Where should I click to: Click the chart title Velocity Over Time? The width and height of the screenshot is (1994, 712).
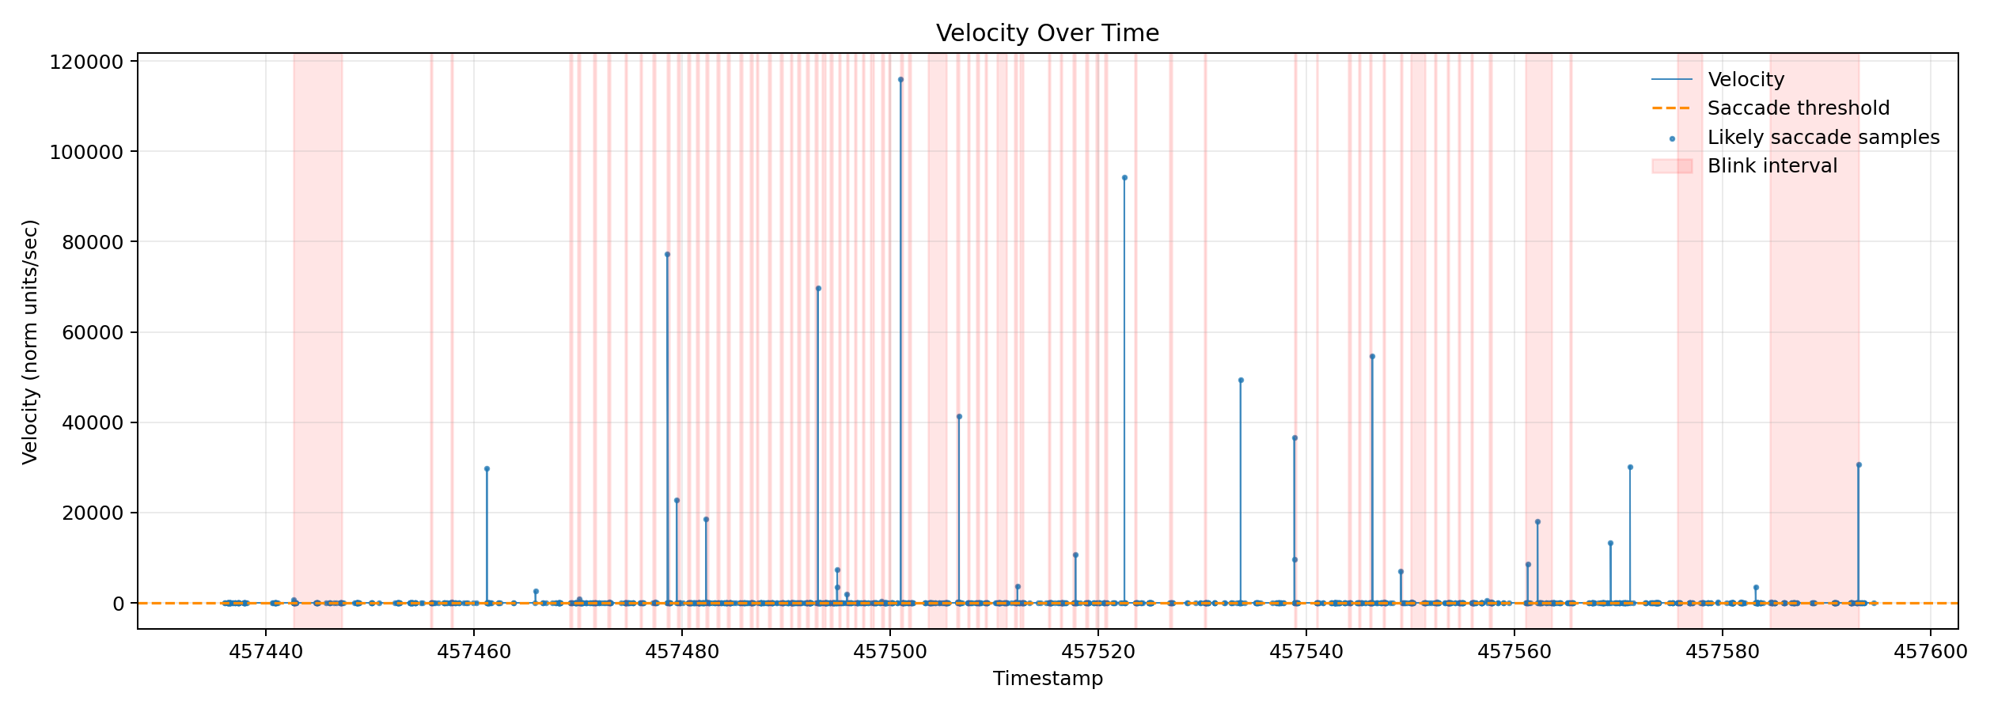pyautogui.click(x=1047, y=33)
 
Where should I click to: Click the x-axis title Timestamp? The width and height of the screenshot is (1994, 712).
pyautogui.click(x=1048, y=679)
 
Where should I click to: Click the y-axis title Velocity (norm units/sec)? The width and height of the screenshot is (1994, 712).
pyautogui.click(x=30, y=342)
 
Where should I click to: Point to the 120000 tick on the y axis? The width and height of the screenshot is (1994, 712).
pyautogui.click(x=87, y=62)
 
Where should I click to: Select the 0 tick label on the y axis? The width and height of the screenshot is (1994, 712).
pyautogui.click(x=118, y=604)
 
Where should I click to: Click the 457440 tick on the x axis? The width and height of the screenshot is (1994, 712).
pyautogui.click(x=266, y=652)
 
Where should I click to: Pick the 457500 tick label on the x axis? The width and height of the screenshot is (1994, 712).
pyautogui.click(x=890, y=652)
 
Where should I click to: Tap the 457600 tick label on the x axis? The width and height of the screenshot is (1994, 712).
pyautogui.click(x=1930, y=652)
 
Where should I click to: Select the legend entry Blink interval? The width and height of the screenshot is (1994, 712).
pyautogui.click(x=1772, y=166)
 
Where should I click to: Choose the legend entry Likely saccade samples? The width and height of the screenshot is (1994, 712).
pyautogui.click(x=1823, y=138)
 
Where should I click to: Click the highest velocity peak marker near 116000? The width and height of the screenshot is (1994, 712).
pyautogui.click(x=900, y=80)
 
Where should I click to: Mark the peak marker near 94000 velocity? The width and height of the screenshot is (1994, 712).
pyautogui.click(x=1124, y=178)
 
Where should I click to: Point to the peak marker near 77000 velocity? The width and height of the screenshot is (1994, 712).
pyautogui.click(x=667, y=255)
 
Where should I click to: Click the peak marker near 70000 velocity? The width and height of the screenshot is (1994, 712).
pyautogui.click(x=818, y=289)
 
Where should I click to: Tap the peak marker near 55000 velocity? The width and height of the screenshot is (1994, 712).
pyautogui.click(x=1372, y=357)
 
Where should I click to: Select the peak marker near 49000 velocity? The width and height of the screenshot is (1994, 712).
pyautogui.click(x=1241, y=381)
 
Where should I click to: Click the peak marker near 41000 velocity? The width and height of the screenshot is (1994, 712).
pyautogui.click(x=959, y=417)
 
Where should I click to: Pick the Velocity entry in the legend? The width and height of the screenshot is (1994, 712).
pyautogui.click(x=1746, y=80)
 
